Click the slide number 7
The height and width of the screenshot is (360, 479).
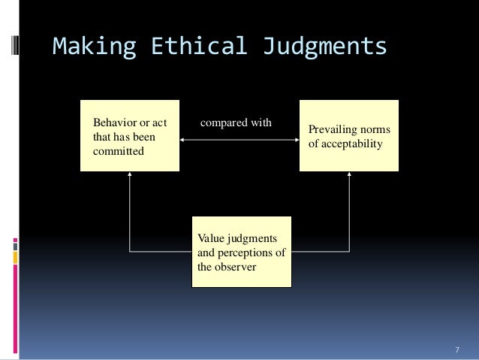coord(457,350)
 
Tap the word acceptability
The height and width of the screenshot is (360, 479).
coord(351,144)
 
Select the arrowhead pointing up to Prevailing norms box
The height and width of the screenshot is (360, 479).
coord(350,175)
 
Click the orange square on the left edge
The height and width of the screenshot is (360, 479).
coord(16,257)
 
